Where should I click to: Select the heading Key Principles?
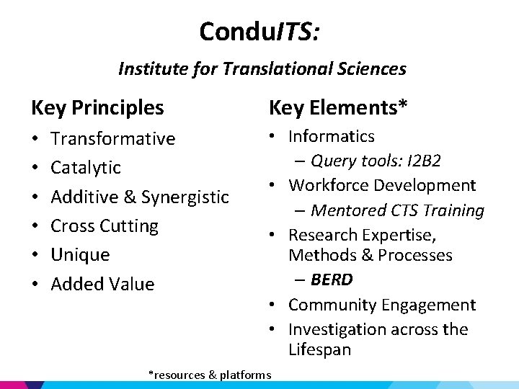coord(97,108)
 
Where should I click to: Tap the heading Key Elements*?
coord(338,108)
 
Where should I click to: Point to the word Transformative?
coord(113,138)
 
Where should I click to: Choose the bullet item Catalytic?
coord(86,168)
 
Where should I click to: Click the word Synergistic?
coord(185,197)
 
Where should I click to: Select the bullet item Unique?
coord(80,255)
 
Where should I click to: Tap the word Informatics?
coord(332,136)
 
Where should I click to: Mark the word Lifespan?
coord(319,350)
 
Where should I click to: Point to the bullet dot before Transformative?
coord(35,139)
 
